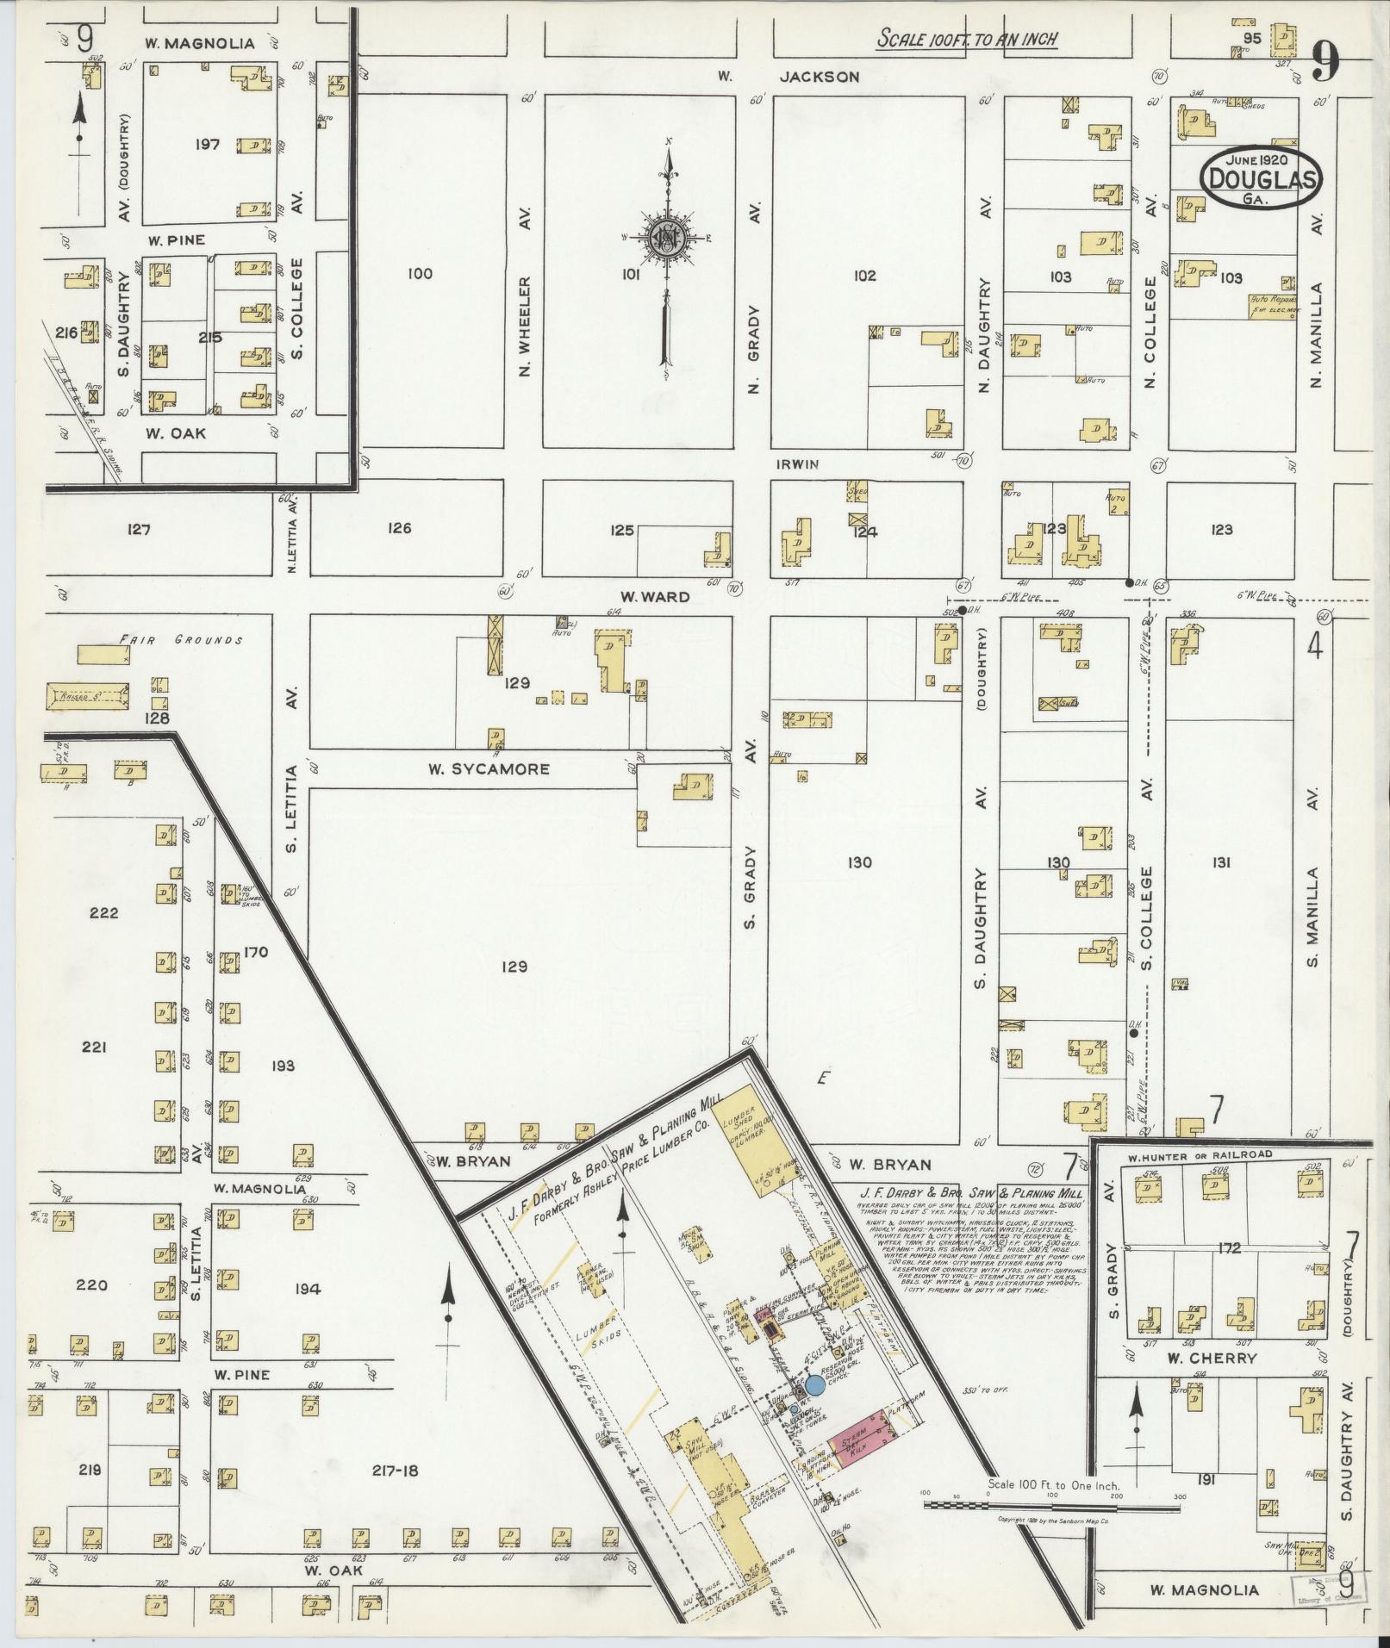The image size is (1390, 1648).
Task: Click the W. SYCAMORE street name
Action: [x=489, y=768]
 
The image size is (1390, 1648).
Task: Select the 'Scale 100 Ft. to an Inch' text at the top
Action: [x=967, y=39]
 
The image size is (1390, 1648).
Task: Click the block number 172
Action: [x=1229, y=1247]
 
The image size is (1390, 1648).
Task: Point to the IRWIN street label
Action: [x=797, y=464]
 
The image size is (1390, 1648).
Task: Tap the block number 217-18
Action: [x=396, y=1470]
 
